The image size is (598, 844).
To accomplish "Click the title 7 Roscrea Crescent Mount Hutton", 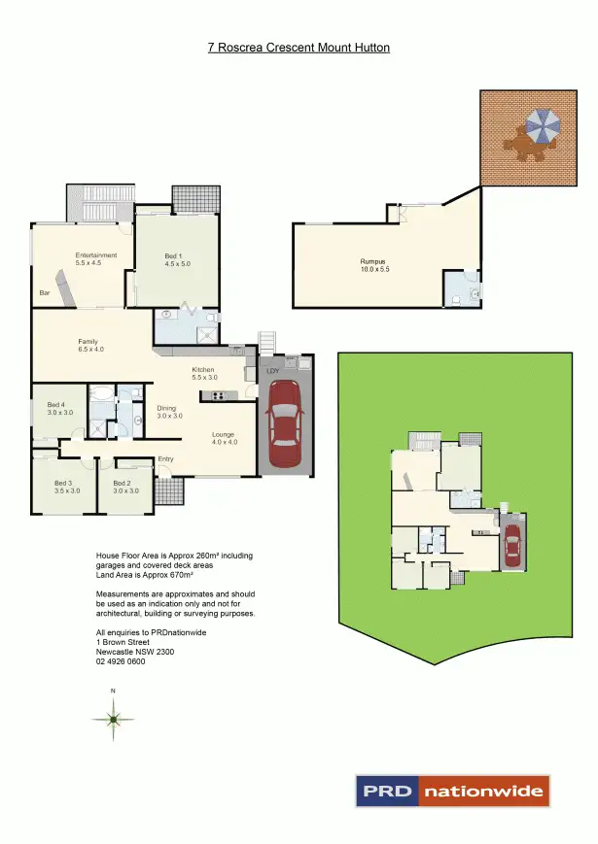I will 299,47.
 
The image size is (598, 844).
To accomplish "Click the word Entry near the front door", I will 165,460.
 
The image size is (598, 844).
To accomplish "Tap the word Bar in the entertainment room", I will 44,292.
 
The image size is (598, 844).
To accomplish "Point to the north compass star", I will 114,719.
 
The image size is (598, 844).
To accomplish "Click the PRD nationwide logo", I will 451,791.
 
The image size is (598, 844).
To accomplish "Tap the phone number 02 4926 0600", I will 121,661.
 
